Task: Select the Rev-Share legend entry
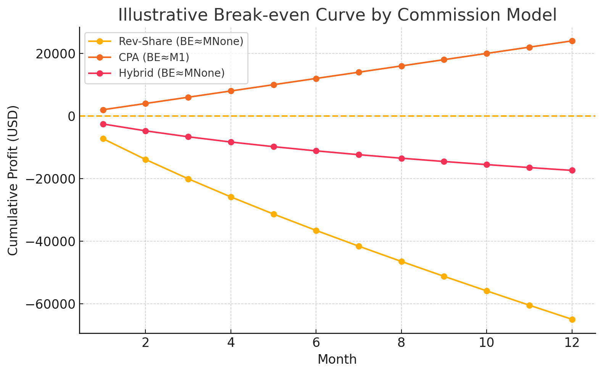pyautogui.click(x=181, y=41)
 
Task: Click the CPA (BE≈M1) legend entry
pyautogui.click(x=154, y=57)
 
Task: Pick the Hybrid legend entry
pyautogui.click(x=171, y=73)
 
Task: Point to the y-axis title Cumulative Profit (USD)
pyautogui.click(x=13, y=180)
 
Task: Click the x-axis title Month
pyautogui.click(x=337, y=359)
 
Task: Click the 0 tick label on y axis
pyautogui.click(x=71, y=116)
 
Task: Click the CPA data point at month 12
pyautogui.click(x=572, y=41)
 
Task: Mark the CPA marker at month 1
pyautogui.click(x=103, y=110)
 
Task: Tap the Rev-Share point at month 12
pyautogui.click(x=572, y=319)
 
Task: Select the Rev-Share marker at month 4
pyautogui.click(x=231, y=197)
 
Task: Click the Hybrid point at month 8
pyautogui.click(x=401, y=158)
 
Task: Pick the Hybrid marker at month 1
pyautogui.click(x=103, y=124)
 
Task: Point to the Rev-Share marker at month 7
pyautogui.click(x=359, y=246)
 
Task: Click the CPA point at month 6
pyautogui.click(x=316, y=79)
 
